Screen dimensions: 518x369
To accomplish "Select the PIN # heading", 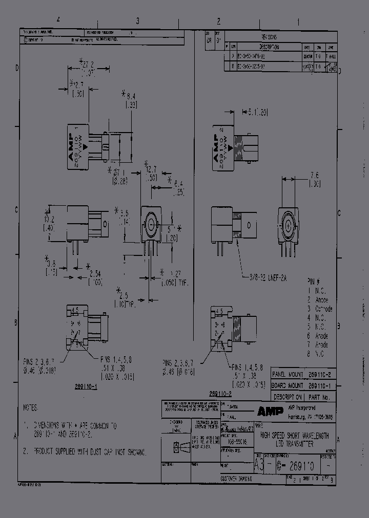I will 313,282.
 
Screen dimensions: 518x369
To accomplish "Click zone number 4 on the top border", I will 59,20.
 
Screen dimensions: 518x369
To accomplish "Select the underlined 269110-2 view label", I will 221,394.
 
